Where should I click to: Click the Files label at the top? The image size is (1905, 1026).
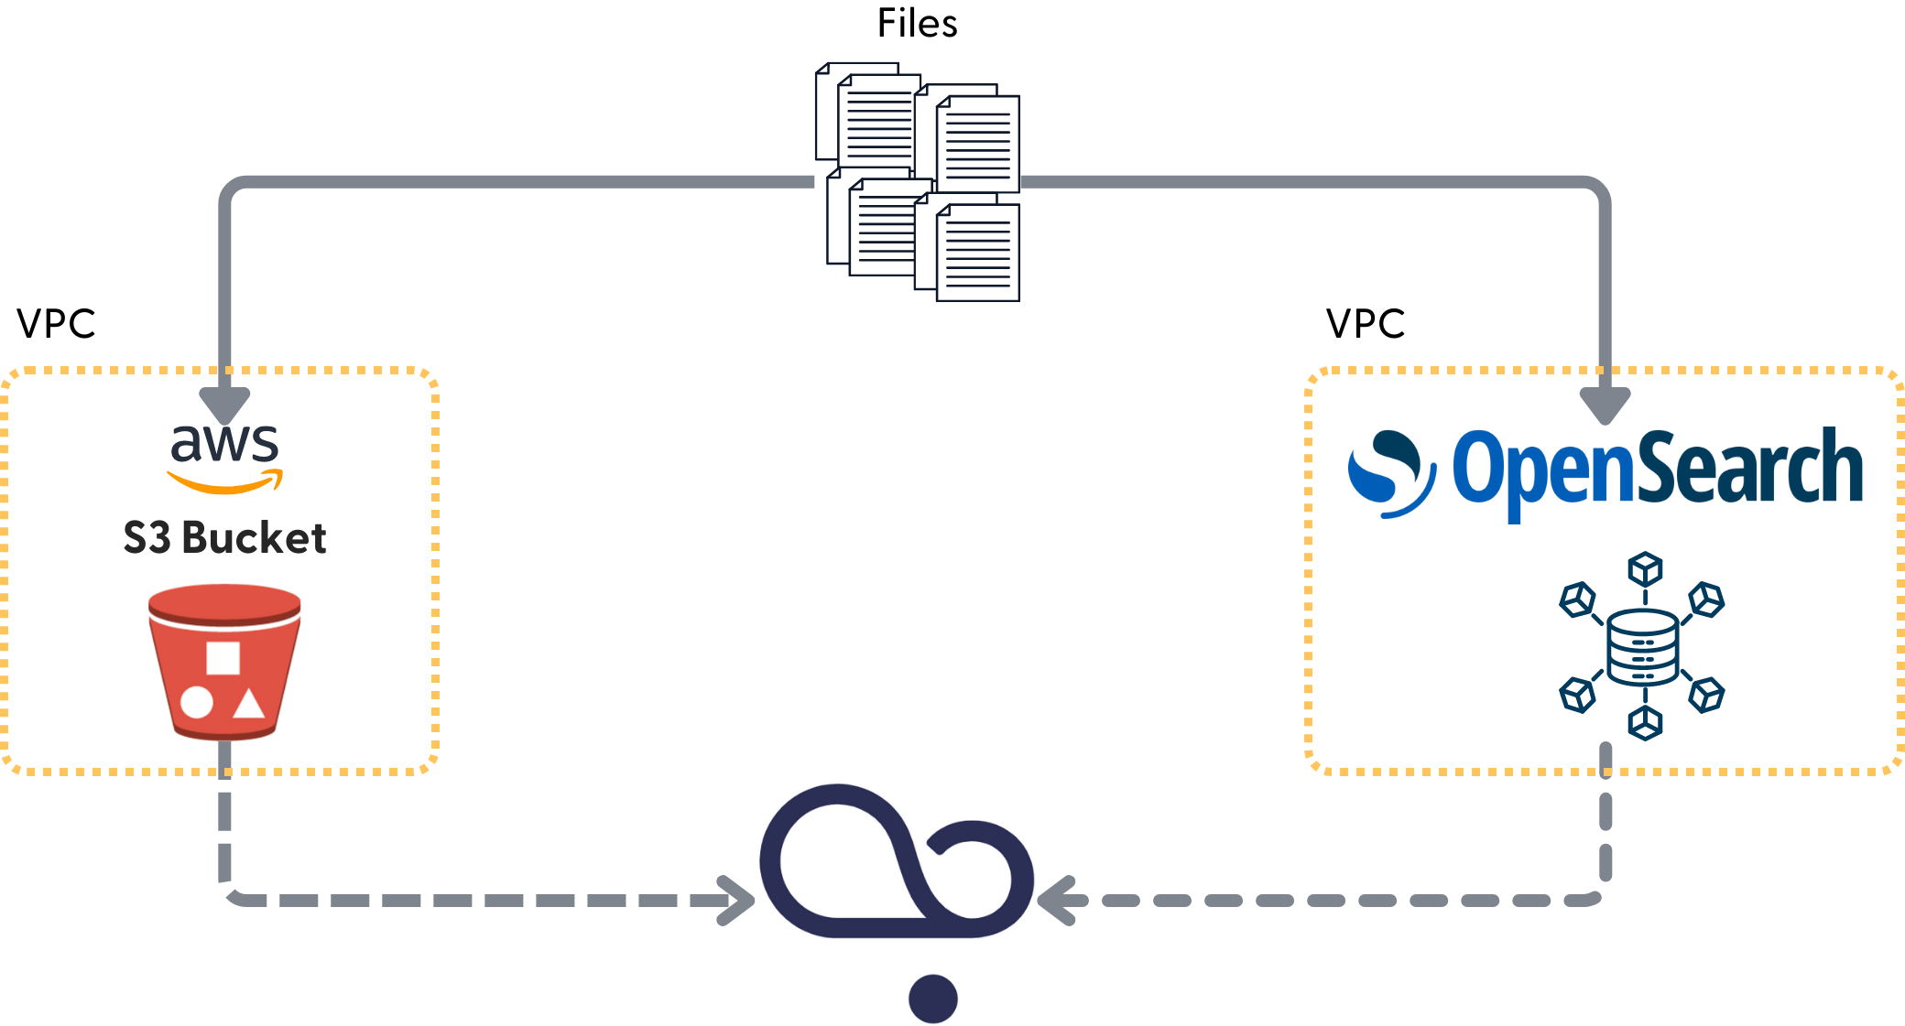[917, 24]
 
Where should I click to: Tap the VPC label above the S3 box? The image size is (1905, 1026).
[56, 324]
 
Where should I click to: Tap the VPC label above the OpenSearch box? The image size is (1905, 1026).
[1365, 324]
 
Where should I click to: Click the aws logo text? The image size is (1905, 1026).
[224, 443]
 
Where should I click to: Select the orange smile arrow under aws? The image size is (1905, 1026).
[224, 482]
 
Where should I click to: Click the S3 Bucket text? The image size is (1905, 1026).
[224, 538]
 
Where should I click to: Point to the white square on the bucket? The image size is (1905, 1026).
[223, 658]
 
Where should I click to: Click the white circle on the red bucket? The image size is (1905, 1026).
[197, 703]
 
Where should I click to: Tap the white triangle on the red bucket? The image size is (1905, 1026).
[248, 704]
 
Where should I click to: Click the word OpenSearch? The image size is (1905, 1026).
[1657, 470]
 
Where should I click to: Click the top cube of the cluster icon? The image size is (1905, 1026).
[1645, 569]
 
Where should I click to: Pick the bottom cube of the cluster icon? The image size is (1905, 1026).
[1645, 723]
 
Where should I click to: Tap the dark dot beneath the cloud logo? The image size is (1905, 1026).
[932, 999]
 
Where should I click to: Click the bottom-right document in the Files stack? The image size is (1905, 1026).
[977, 253]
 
